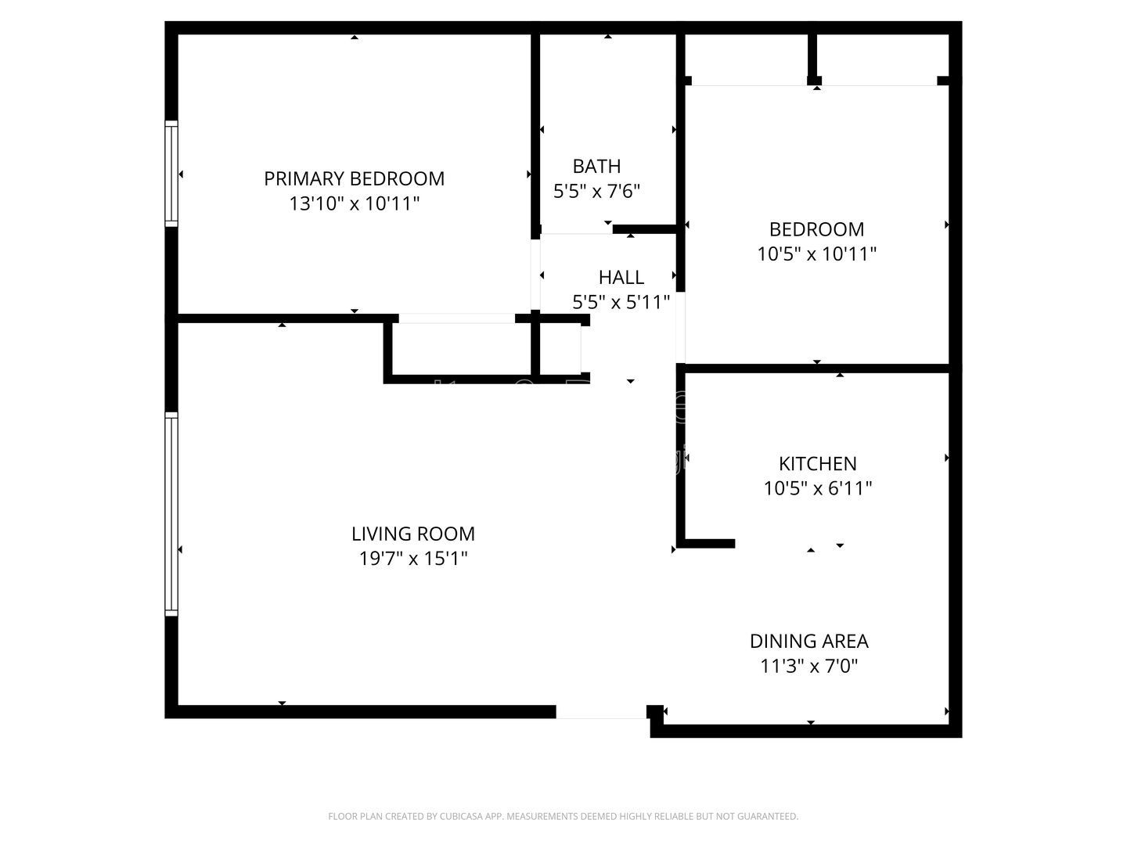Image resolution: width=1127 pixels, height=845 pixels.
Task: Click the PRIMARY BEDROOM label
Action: point(354,178)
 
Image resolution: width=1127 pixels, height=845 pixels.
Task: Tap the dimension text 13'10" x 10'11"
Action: point(354,204)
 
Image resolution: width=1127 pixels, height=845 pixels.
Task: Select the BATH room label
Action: point(596,166)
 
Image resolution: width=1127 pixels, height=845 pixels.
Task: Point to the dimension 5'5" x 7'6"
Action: point(596,191)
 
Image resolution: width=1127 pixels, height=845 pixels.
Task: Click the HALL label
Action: point(621,277)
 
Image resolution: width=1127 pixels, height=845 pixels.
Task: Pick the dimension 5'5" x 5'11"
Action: point(621,302)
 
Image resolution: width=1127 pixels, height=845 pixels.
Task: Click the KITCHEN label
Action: point(817,463)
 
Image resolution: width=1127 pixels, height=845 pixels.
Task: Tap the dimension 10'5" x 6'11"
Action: point(817,488)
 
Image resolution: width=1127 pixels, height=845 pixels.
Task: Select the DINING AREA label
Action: point(808,641)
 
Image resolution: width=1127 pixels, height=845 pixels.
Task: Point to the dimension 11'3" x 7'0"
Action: point(808,666)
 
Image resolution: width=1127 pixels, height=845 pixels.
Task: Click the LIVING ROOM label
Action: point(412,534)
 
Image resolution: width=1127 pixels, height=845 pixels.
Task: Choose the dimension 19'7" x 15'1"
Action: point(412,559)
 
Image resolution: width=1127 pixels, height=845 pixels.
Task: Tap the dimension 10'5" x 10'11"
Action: point(816,254)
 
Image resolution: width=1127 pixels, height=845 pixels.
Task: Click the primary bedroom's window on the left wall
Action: point(171,174)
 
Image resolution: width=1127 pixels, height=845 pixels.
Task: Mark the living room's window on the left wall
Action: point(171,514)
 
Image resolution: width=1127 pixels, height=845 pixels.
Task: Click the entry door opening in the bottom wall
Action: point(601,712)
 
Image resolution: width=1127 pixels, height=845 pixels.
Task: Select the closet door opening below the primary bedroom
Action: point(457,318)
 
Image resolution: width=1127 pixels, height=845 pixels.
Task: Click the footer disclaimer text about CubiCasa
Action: point(563,816)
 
